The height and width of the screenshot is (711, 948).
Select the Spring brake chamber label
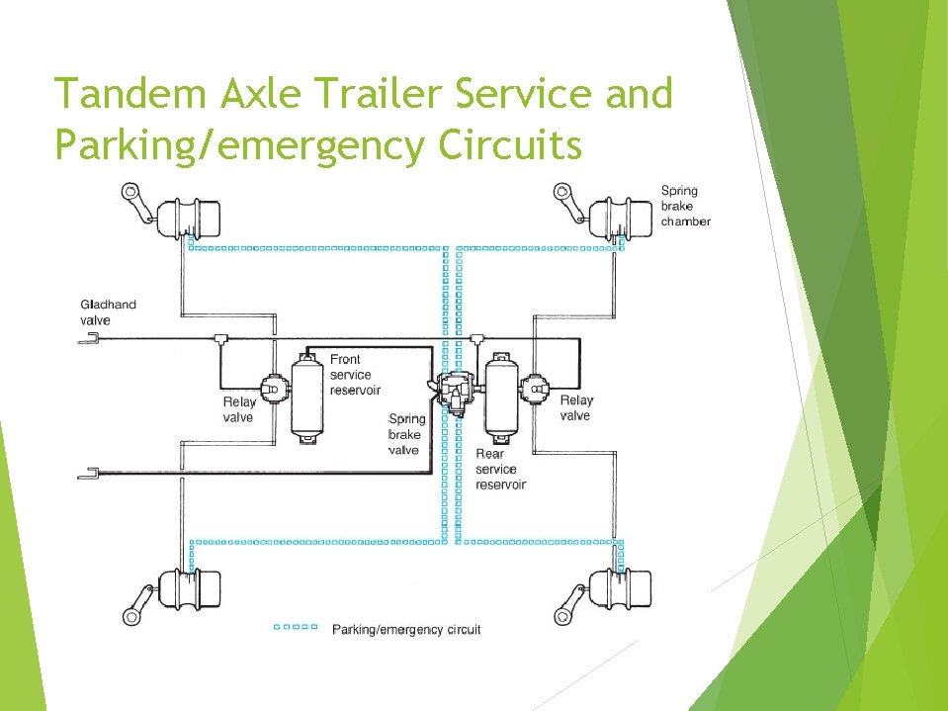click(x=685, y=206)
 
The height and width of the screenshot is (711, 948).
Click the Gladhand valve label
click(x=108, y=312)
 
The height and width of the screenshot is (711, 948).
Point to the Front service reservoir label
click(x=355, y=375)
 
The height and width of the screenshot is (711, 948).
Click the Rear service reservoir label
click(x=500, y=470)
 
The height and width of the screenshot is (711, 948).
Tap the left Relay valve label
click(x=238, y=408)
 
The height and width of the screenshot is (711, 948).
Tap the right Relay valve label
click(x=575, y=407)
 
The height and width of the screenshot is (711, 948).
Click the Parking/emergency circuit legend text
click(x=406, y=629)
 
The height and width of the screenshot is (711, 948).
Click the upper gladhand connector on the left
click(x=89, y=339)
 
